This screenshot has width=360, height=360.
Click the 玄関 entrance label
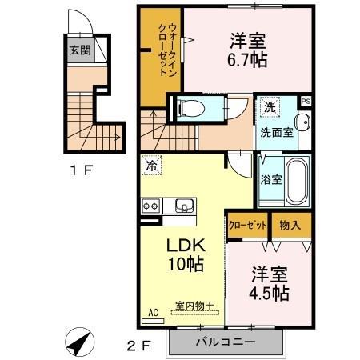point(78,49)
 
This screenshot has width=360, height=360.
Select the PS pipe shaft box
point(306,101)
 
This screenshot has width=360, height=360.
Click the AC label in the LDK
point(154,314)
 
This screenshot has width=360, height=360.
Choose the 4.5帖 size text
point(269,293)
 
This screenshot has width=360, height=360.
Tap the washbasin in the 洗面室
point(302,122)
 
